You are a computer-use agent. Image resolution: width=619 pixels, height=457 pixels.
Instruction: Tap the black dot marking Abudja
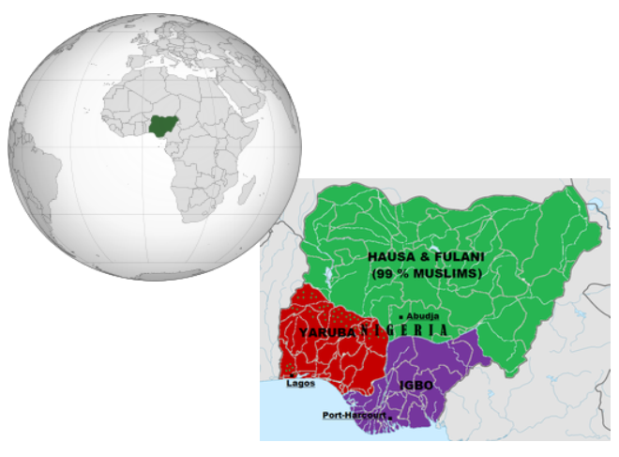click(400, 318)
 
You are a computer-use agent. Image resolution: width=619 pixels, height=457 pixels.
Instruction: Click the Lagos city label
click(300, 384)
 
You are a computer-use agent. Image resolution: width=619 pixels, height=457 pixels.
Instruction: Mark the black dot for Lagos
click(294, 375)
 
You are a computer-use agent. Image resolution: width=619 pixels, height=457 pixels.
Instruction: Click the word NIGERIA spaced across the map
click(403, 331)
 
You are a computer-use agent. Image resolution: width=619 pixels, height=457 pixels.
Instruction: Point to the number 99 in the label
click(383, 272)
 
